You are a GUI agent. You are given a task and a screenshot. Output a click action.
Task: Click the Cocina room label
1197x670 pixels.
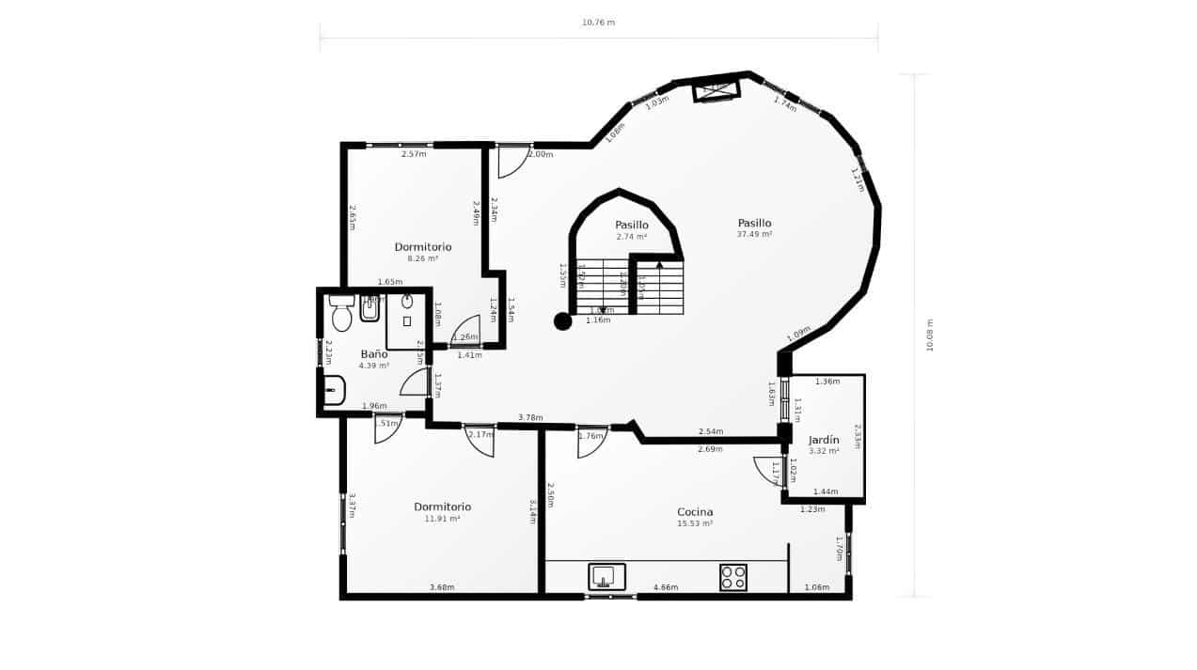point(695,512)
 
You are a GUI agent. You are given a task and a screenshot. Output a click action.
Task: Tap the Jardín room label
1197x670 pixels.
point(824,440)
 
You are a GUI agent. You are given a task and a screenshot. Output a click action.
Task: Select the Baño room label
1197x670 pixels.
point(373,354)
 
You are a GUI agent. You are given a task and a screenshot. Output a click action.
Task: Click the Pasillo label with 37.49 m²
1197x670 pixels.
point(754,223)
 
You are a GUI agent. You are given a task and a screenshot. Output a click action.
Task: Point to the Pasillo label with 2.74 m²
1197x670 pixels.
point(632,225)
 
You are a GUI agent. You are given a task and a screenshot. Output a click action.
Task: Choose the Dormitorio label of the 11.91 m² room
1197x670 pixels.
point(442,506)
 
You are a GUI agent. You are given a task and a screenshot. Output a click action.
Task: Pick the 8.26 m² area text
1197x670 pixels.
point(423,258)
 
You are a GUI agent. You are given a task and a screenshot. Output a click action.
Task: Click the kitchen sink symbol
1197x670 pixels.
point(606,576)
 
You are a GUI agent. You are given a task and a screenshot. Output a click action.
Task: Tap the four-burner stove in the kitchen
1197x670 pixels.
point(732,577)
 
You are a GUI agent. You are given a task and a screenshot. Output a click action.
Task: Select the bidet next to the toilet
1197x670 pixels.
point(370,307)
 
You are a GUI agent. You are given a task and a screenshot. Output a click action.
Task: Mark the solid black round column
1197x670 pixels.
point(562,321)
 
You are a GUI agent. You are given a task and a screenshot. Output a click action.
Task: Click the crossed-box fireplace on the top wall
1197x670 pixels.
point(717,90)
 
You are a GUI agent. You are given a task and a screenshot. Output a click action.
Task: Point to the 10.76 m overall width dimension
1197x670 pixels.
point(598,23)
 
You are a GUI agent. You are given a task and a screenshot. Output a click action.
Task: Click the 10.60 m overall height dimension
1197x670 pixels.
point(930,335)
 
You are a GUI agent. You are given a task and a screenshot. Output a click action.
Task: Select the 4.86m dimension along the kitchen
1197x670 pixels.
point(666,587)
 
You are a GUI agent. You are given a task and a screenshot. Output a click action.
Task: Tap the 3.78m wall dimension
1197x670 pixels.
point(530,417)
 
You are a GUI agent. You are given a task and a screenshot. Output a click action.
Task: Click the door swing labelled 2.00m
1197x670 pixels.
point(513,162)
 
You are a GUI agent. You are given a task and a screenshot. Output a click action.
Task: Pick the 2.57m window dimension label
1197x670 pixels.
point(414,154)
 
